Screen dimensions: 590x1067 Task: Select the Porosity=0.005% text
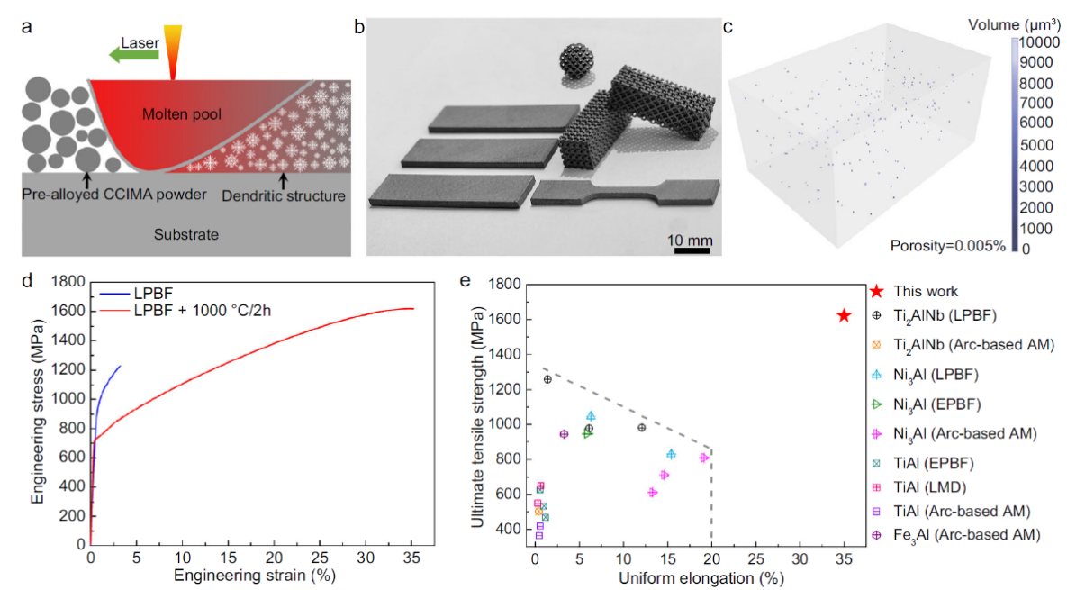947,244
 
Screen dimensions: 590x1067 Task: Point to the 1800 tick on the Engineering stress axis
67,281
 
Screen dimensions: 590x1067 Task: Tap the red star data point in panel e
844,316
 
